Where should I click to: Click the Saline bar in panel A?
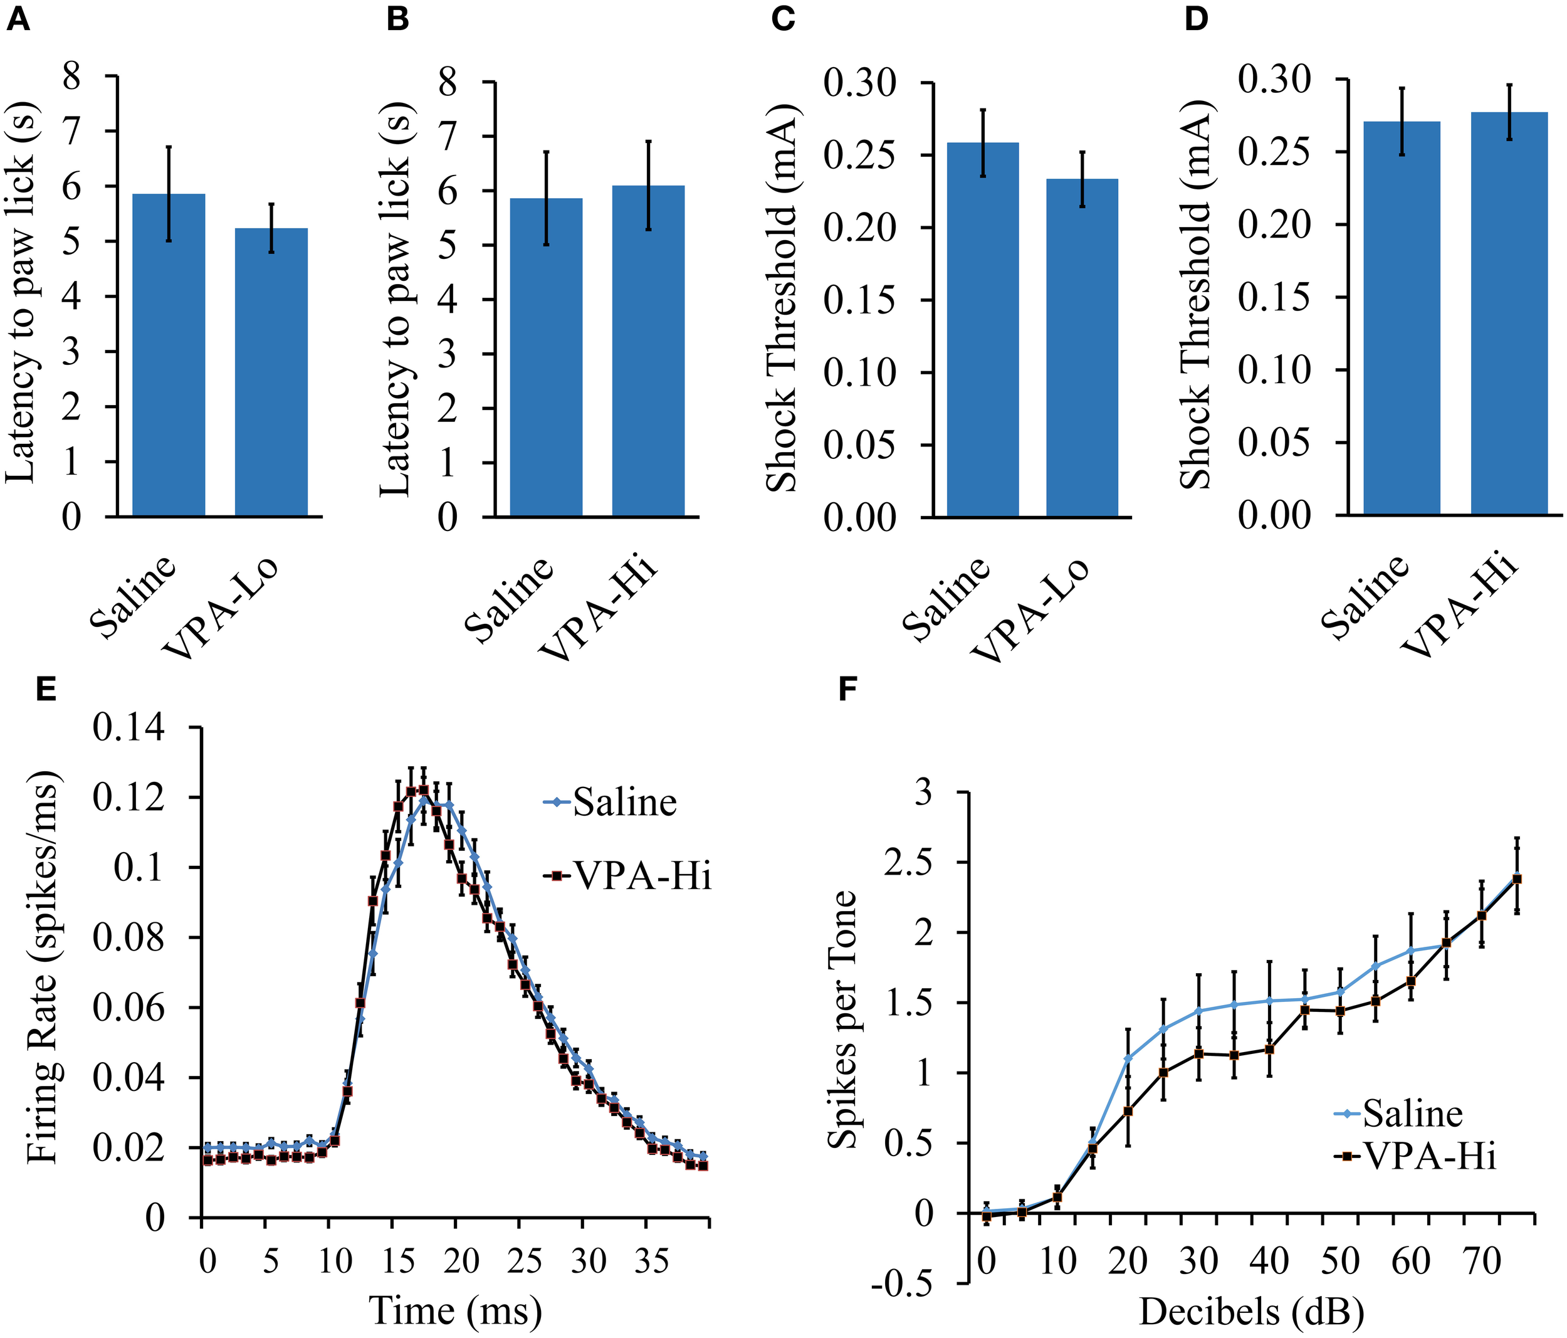pyautogui.click(x=169, y=356)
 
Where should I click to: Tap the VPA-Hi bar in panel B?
pyautogui.click(x=648, y=351)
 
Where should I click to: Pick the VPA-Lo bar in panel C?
pyautogui.click(x=1081, y=348)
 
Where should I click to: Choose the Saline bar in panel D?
pyautogui.click(x=1401, y=319)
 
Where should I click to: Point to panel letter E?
pyautogui.click(x=47, y=690)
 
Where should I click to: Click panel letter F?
pyautogui.click(x=849, y=690)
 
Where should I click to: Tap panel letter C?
pyautogui.click(x=783, y=19)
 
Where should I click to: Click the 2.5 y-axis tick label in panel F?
pyautogui.click(x=908, y=862)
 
